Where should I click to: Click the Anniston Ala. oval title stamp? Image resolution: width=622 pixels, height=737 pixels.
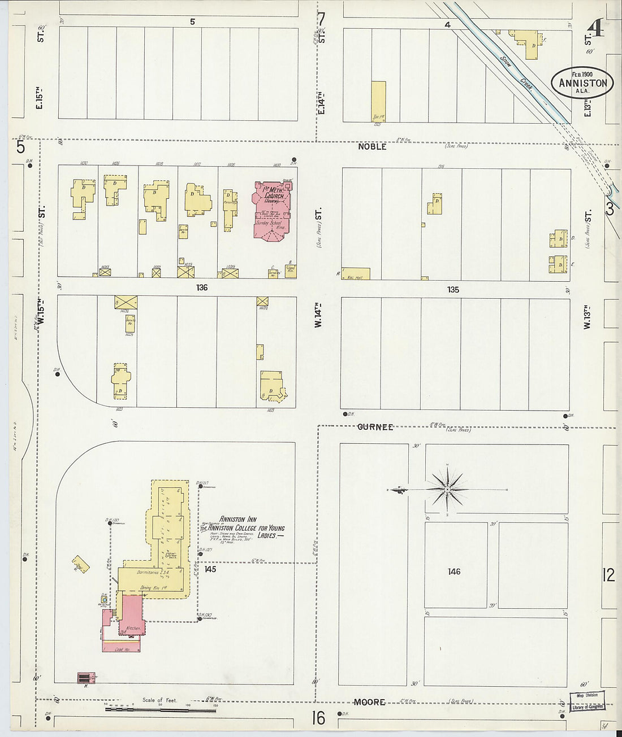[582, 82]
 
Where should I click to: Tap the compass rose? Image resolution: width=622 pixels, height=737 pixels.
[447, 489]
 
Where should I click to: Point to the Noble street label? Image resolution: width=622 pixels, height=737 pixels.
[372, 146]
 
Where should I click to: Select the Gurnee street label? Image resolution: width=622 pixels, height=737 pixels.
[375, 427]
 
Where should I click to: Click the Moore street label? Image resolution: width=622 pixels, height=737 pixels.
[369, 702]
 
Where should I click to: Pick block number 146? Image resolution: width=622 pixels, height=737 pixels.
[453, 572]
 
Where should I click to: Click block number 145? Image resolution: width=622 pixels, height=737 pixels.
[210, 569]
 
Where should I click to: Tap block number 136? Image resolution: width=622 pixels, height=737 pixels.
[202, 287]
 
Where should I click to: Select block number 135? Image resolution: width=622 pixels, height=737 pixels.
[453, 290]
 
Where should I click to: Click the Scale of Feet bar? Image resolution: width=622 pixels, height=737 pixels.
[161, 706]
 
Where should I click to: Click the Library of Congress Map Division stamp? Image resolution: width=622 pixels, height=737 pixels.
[587, 701]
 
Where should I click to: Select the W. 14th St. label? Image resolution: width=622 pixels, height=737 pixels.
[318, 314]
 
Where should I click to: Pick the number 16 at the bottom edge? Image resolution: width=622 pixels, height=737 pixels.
[318, 718]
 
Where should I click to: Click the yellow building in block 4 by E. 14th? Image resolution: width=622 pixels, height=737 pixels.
[378, 102]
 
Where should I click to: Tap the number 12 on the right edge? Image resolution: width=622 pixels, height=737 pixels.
[608, 575]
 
